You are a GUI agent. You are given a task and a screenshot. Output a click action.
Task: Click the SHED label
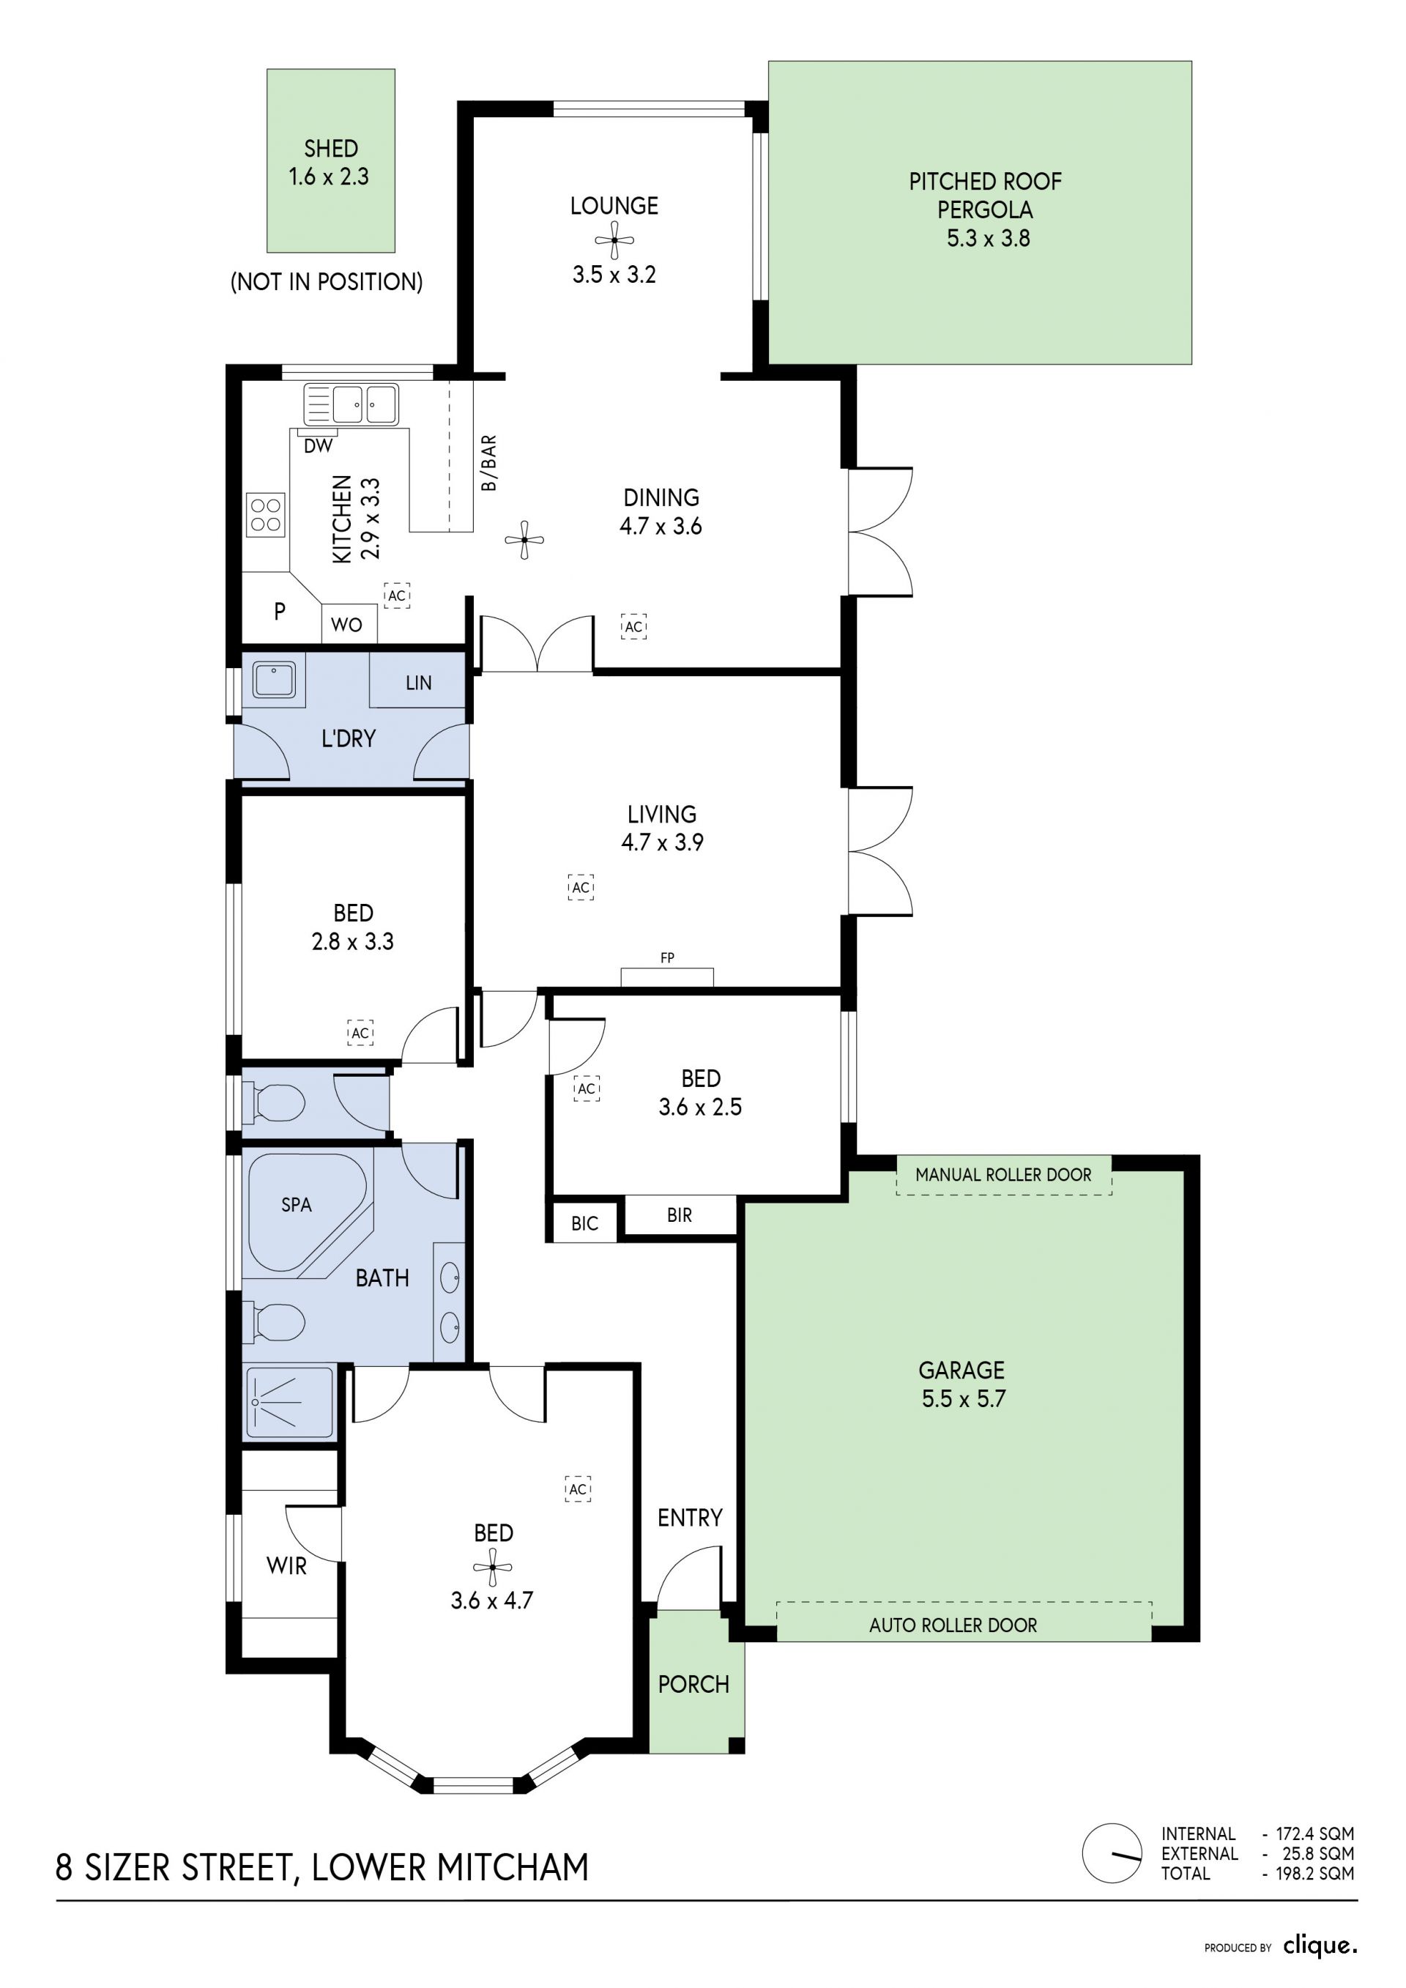(x=331, y=149)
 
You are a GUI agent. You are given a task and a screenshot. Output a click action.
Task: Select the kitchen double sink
(x=351, y=404)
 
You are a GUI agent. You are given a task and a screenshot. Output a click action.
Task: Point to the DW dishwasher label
(x=319, y=447)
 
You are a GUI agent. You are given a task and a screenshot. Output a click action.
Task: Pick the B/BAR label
(x=489, y=463)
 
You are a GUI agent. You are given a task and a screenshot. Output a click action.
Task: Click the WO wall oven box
(x=349, y=624)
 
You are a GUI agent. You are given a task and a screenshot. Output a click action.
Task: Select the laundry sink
(x=275, y=680)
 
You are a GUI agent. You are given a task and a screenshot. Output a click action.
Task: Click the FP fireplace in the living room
(x=666, y=976)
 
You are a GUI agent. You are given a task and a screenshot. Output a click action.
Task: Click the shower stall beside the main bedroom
(x=290, y=1403)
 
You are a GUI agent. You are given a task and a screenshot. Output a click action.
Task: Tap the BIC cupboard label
(x=584, y=1223)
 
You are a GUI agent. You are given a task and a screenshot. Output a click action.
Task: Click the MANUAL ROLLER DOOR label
(x=1003, y=1175)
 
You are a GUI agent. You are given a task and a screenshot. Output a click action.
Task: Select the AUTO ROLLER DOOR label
(x=953, y=1625)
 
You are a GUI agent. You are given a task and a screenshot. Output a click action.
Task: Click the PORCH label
(x=693, y=1684)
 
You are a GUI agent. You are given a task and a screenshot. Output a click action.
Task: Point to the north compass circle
(x=1112, y=1853)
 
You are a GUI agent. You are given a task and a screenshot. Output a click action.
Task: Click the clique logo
(x=1320, y=1946)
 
